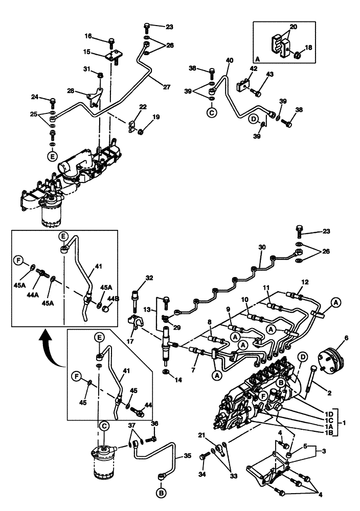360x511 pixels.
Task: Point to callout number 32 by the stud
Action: [x=149, y=278]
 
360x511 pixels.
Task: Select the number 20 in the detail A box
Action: [x=293, y=26]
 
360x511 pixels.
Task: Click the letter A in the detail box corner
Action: [x=257, y=59]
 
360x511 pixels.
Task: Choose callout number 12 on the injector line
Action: [x=305, y=282]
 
